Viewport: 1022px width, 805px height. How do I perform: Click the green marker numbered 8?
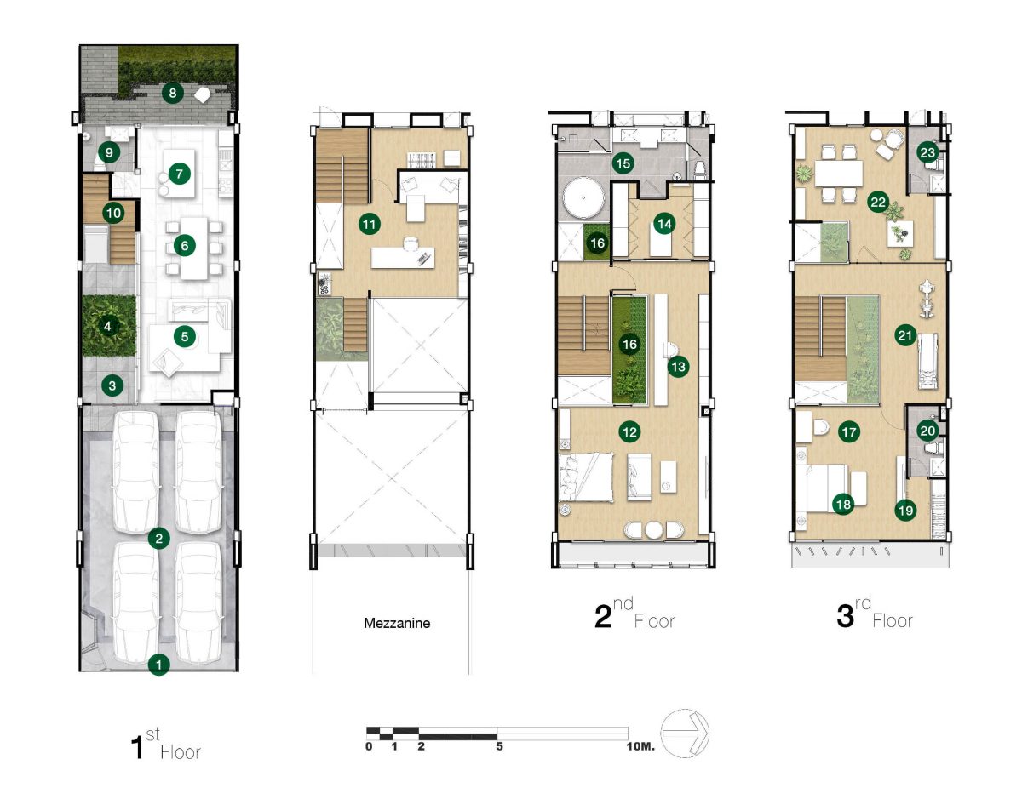(173, 93)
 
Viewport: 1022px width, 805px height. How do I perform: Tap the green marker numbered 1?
(159, 664)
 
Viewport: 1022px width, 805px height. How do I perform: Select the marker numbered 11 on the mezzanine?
(370, 224)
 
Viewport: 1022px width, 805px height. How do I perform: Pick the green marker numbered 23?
(927, 153)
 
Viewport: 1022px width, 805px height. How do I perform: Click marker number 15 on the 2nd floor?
(623, 163)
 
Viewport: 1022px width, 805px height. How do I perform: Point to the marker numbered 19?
(905, 511)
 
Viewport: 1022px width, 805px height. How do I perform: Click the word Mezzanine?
(397, 623)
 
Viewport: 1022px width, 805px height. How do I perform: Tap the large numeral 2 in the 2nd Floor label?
(603, 617)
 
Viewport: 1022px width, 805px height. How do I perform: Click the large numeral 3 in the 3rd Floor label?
(846, 617)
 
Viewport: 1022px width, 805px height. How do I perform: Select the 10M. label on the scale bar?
(640, 746)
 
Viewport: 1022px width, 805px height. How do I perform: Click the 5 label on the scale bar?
(500, 746)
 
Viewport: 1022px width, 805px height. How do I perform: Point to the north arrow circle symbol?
(685, 734)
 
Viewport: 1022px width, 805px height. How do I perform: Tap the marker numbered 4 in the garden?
(108, 327)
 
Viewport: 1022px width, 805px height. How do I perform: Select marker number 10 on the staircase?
(113, 213)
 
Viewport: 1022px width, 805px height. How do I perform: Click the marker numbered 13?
(678, 367)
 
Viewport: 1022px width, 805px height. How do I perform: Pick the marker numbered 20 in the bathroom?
(927, 431)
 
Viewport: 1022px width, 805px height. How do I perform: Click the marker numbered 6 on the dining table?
(185, 245)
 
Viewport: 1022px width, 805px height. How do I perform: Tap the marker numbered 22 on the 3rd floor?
(877, 203)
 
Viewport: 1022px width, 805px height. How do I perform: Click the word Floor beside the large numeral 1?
(181, 752)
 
